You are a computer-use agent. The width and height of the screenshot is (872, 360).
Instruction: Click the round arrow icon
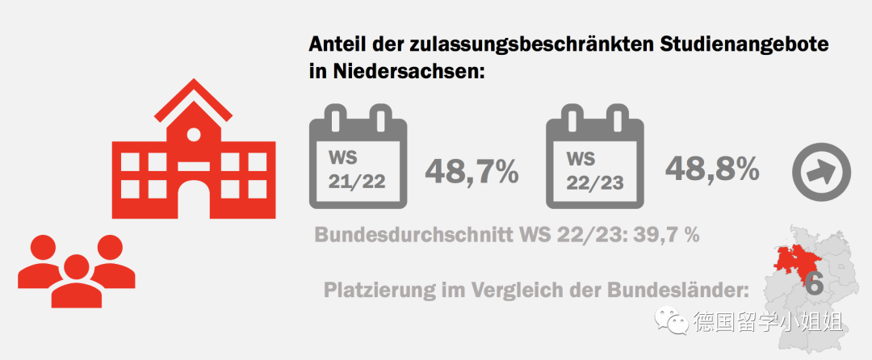coord(821,171)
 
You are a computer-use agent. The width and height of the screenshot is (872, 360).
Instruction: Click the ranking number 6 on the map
coord(815,283)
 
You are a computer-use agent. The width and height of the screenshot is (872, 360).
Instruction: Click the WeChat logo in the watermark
coord(672,322)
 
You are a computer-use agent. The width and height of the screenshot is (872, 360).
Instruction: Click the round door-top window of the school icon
coord(194,134)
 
